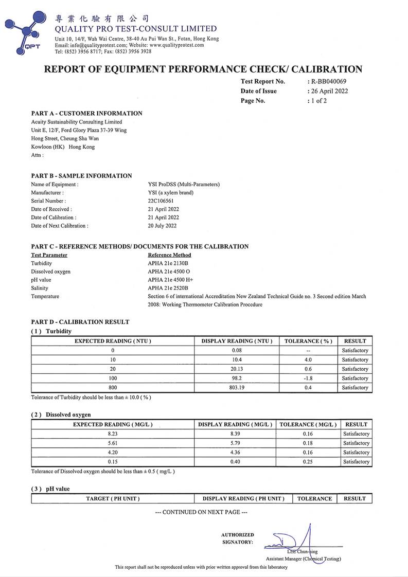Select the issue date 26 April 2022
(329, 91)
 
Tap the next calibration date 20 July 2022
(162, 226)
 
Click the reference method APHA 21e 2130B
(168, 263)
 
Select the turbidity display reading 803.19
(236, 387)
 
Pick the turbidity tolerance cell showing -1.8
(308, 378)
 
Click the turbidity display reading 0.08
(236, 350)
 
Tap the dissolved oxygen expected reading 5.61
(113, 443)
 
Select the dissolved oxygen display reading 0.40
(235, 461)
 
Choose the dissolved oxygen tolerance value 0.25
(308, 461)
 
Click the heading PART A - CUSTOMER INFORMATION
(86, 113)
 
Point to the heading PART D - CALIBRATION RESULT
(80, 322)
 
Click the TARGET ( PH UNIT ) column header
(113, 498)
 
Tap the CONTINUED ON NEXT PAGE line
(201, 512)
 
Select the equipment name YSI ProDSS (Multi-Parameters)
(183, 184)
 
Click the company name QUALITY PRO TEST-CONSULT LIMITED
(135, 29)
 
